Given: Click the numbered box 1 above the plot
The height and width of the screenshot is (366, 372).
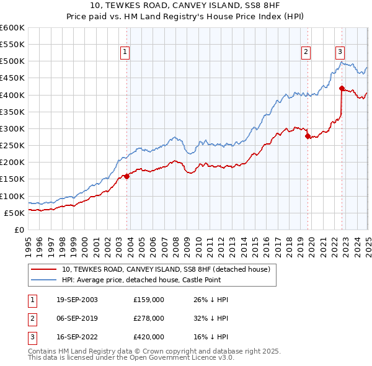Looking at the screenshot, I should click(x=125, y=52).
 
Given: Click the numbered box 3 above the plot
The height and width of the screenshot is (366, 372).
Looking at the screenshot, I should click(x=340, y=52).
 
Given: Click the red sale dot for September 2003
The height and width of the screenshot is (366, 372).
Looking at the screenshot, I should click(x=126, y=176).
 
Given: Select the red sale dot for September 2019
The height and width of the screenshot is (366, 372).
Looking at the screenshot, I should click(x=308, y=136).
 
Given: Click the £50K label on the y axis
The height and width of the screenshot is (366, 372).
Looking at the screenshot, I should click(x=14, y=213).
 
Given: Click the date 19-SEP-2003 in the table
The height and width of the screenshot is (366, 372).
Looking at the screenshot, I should click(x=73, y=300).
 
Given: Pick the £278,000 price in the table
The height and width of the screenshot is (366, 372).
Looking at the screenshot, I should click(x=149, y=318).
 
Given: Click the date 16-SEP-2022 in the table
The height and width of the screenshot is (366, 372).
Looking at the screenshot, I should click(x=73, y=337).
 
